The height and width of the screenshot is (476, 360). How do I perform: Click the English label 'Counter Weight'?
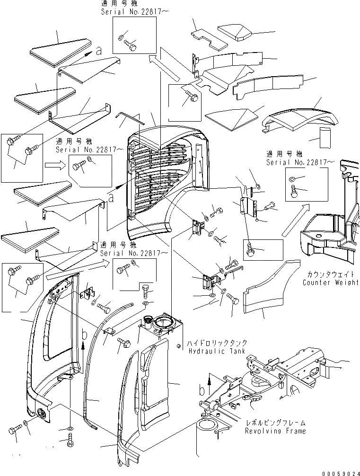(x=331, y=282)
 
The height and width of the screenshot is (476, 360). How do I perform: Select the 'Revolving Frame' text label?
(x=275, y=431)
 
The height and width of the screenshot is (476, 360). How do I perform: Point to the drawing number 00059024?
(x=338, y=472)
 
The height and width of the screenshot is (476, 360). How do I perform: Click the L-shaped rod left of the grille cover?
(x=126, y=117)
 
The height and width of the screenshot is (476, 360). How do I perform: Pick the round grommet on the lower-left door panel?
(x=42, y=414)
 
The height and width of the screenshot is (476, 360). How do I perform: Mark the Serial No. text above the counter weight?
(x=300, y=162)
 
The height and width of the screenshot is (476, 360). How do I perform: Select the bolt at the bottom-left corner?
(x=15, y=430)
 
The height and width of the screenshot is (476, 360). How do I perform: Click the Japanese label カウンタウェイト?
(x=331, y=274)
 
